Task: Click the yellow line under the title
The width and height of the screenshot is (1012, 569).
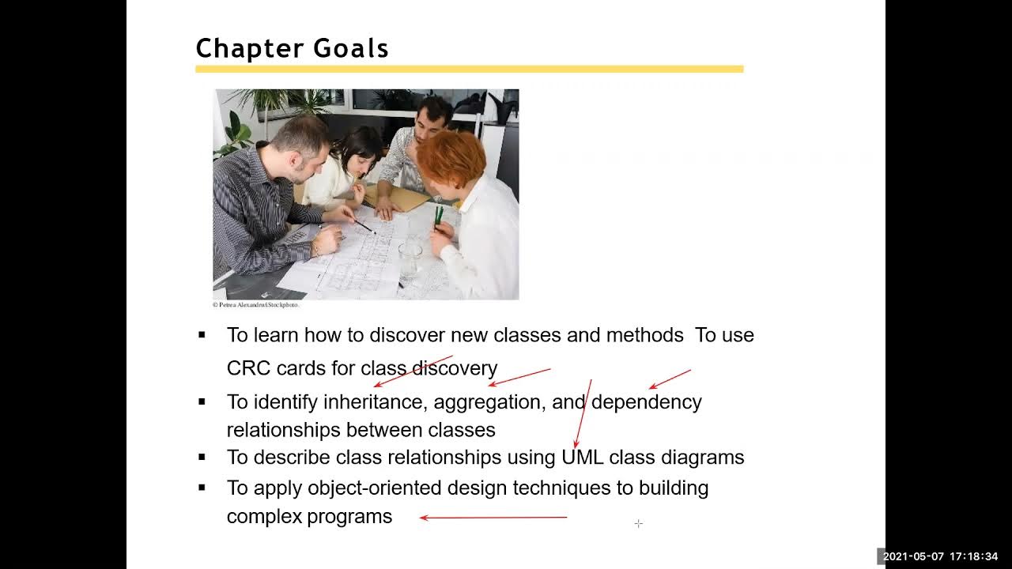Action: tap(469, 70)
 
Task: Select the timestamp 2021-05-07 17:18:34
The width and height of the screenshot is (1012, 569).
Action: tap(940, 556)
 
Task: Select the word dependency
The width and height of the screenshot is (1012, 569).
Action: tap(646, 402)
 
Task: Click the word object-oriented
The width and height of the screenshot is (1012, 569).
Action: tap(375, 488)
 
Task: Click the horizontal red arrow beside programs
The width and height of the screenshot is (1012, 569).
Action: tap(493, 518)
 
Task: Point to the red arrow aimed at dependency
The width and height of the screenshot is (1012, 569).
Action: tap(670, 379)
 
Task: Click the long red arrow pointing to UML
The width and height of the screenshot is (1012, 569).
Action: tap(583, 415)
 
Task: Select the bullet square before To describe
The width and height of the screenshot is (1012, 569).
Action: tap(202, 457)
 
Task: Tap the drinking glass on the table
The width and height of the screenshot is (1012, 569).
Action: tap(410, 258)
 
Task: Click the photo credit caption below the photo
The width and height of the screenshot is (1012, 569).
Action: tap(255, 305)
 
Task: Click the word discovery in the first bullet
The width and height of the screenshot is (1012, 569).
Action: tap(455, 368)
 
